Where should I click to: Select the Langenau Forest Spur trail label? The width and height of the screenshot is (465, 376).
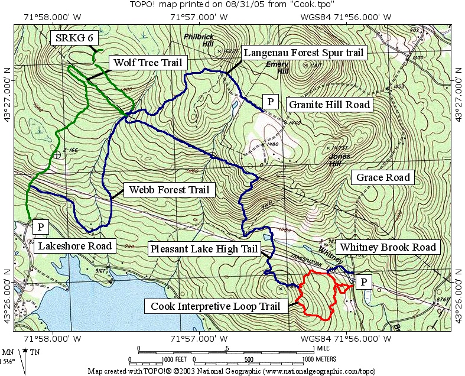point(304,53)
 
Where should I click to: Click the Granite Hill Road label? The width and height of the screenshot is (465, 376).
point(329,105)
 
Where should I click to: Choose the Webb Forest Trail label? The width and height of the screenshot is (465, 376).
point(166,190)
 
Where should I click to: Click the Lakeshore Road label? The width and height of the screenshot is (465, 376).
point(74,245)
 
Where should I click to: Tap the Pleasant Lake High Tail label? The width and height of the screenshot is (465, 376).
point(203,249)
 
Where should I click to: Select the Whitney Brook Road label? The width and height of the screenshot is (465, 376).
point(388,247)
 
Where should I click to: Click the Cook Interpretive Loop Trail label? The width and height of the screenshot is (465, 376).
point(216,306)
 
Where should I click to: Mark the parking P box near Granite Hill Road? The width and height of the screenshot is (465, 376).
point(270,101)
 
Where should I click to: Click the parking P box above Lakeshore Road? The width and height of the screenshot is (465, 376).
point(40,226)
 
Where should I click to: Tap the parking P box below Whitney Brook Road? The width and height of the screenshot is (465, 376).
point(364,282)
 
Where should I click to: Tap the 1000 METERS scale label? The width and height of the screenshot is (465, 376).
point(319,359)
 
